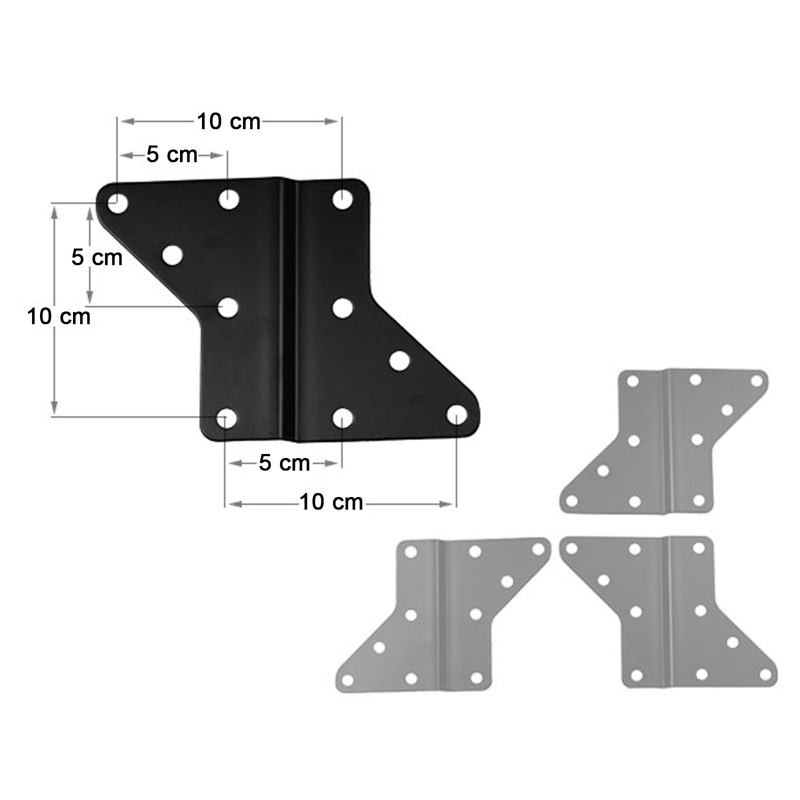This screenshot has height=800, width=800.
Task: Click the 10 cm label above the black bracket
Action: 228,121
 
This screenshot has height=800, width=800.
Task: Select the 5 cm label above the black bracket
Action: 171,155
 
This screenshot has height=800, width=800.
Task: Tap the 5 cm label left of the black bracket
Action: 96,257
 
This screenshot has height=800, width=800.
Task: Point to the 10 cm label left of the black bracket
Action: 59,316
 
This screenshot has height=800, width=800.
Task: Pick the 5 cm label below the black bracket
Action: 284,463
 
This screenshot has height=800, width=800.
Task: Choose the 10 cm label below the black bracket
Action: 331,502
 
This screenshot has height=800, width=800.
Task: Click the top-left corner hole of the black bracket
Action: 118,203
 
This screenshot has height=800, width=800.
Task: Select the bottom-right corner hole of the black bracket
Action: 457,415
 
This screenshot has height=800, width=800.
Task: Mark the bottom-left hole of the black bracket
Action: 226,418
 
